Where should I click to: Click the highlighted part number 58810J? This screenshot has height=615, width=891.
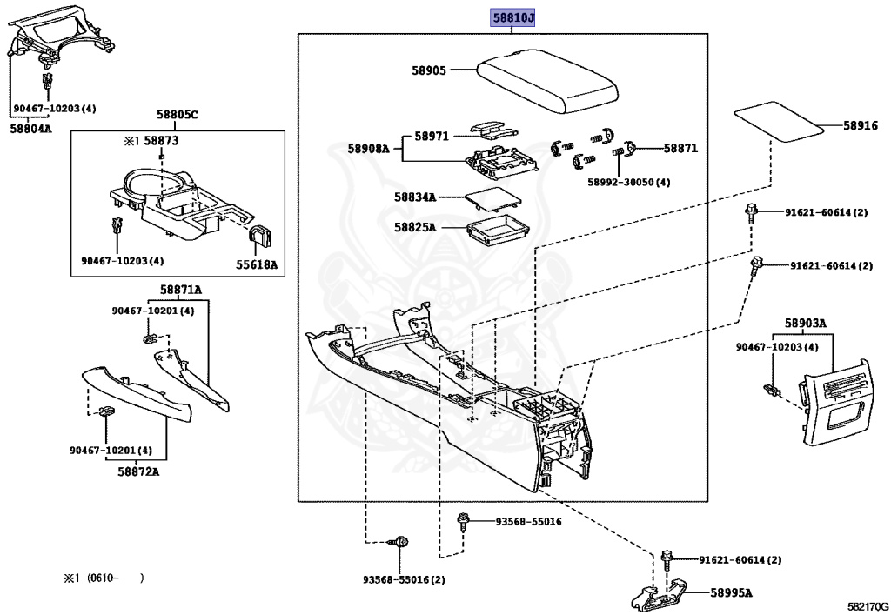pos(512,17)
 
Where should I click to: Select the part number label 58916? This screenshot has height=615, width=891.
pos(860,126)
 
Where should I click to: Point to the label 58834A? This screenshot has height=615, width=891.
pos(415,197)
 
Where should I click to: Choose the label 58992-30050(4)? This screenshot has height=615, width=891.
pos(629,183)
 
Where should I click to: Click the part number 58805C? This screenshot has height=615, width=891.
pos(178,115)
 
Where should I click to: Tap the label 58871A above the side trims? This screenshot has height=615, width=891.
pos(180,290)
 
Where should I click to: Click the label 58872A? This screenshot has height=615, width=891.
pos(138,471)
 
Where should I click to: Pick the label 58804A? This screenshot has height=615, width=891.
pos(30,129)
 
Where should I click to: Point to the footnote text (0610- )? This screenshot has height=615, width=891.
pos(114,578)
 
